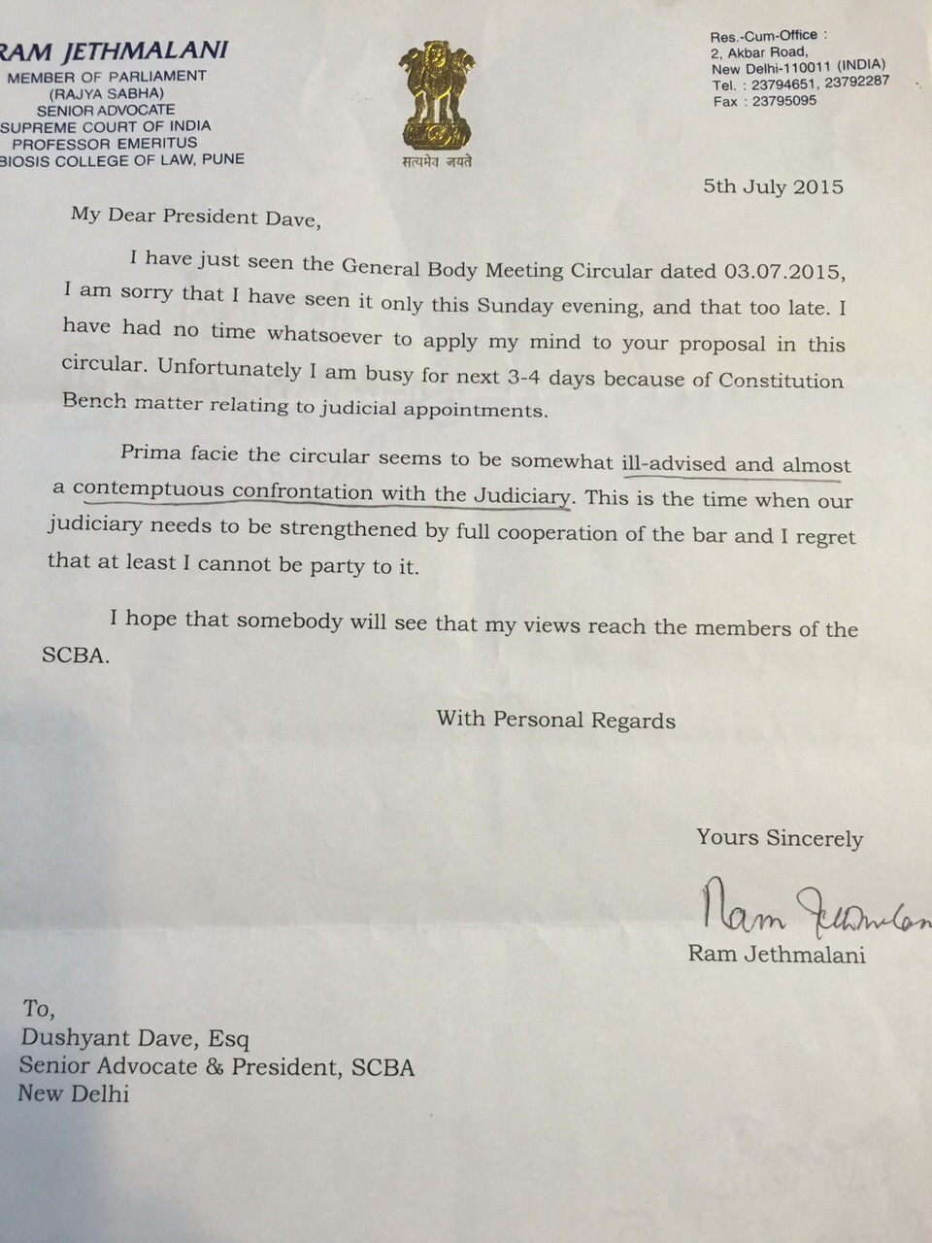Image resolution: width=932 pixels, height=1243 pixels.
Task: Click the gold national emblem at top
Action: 436,95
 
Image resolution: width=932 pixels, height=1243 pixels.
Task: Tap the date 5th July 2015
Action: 773,186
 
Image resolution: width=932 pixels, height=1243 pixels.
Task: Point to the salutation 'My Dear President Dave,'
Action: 194,217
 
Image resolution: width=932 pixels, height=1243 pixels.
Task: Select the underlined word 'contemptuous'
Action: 148,489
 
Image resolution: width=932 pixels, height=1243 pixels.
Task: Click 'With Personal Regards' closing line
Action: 555,720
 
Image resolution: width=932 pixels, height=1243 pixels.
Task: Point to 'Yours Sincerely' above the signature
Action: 779,838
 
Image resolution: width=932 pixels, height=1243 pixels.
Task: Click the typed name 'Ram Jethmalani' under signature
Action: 777,954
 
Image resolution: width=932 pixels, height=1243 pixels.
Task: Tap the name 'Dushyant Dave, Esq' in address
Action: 135,1039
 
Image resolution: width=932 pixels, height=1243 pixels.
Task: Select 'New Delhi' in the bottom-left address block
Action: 74,1093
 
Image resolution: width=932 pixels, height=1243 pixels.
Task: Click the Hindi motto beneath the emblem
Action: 437,161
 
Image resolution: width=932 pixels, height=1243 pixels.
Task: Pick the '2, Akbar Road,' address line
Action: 759,52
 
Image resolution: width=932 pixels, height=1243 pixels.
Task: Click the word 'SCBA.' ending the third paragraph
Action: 76,655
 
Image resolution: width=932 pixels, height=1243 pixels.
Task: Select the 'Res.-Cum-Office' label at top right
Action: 763,35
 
